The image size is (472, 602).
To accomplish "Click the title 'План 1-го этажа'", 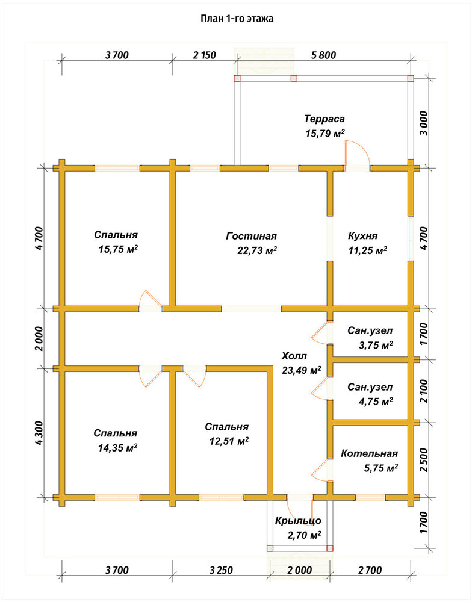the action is point(237,19).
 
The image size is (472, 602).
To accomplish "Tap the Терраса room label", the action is point(324,119).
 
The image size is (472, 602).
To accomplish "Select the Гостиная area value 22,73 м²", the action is point(257,250).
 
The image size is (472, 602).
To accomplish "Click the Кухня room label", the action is point(363,236).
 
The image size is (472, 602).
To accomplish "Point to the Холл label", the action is point(294,356).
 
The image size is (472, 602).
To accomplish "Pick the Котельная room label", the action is point(370,453).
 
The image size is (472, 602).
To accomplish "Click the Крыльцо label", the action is point(298,521).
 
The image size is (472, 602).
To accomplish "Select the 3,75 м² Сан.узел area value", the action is point(376,345).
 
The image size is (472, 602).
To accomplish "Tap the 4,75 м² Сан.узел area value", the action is point(376,402).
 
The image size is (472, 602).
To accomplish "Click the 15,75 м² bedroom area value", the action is point(118,250).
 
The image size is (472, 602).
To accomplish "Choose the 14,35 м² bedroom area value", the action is point(118,448).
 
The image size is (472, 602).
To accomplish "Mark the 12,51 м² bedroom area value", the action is point(229,441).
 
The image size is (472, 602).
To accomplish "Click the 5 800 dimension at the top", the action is point(324,55).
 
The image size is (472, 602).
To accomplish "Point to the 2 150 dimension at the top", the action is point(204,55).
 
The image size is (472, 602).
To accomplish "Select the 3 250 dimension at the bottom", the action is point(221,570).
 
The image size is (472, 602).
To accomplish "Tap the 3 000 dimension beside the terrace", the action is point(423,123).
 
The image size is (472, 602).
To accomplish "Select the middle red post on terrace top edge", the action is point(294,78).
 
